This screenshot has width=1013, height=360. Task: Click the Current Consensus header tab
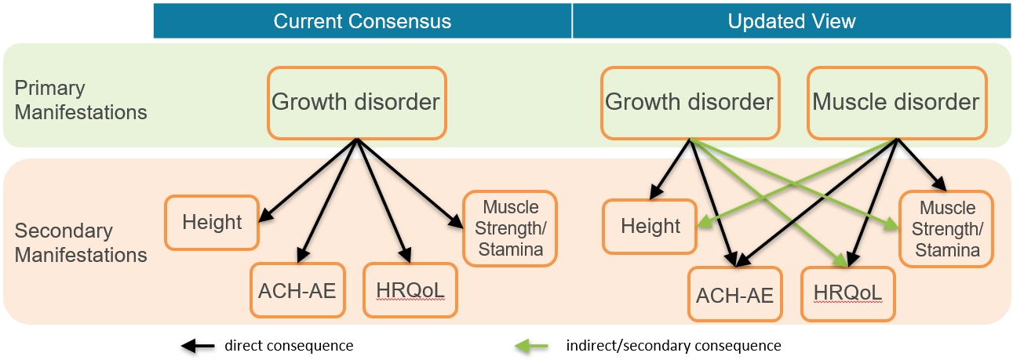(363, 21)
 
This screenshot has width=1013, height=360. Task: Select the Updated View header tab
(791, 21)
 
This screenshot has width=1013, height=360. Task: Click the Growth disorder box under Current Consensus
(356, 102)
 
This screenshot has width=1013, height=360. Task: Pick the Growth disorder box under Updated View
(689, 102)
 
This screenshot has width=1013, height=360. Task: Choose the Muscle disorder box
(896, 102)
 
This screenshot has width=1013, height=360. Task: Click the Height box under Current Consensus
(212, 222)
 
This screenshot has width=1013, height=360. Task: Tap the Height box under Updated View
(650, 227)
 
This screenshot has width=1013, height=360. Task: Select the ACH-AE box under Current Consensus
(297, 291)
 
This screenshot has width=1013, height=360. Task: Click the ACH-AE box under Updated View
(734, 295)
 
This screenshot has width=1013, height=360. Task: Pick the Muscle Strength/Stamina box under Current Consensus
(511, 229)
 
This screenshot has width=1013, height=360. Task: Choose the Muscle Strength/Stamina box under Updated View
(946, 229)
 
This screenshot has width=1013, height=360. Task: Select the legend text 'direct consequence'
(289, 345)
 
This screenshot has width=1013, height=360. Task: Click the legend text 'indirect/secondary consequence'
(674, 345)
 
